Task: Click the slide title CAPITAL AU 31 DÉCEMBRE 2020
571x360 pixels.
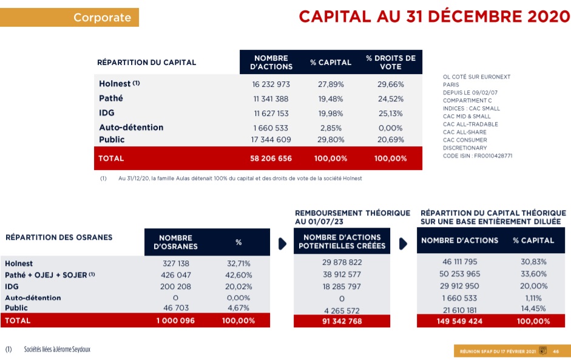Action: coord(434,16)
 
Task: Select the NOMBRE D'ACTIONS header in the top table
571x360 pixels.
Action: coord(271,62)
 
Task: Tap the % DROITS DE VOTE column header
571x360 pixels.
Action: coord(391,62)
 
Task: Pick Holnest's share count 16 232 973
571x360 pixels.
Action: coord(271,84)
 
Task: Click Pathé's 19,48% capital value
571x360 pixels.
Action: coord(331,98)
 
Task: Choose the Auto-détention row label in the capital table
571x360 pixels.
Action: coord(131,127)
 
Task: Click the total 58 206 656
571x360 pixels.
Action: coord(271,158)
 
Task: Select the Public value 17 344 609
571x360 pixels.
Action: coord(271,140)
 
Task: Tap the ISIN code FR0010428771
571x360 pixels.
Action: coord(477,155)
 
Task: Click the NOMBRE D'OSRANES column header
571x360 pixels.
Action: coord(175,242)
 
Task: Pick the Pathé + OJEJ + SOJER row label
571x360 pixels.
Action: coord(50,274)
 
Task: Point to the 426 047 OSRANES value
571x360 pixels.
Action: coord(175,275)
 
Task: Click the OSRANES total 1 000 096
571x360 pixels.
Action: coord(175,321)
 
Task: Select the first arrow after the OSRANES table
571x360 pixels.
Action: coord(282,243)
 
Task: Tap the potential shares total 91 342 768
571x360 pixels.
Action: coord(342,321)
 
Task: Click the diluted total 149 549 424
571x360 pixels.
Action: coord(459,321)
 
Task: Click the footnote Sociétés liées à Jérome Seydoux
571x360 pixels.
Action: coord(57,350)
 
